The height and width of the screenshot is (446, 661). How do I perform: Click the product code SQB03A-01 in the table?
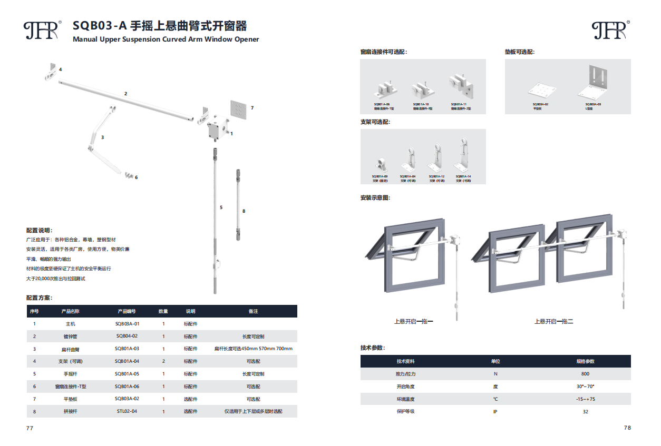point(127,324)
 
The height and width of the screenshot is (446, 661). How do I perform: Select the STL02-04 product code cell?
point(127,411)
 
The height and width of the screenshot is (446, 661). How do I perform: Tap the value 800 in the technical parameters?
point(585,374)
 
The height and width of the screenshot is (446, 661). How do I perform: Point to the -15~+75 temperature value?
point(585,399)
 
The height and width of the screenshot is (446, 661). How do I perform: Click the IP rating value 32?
point(585,411)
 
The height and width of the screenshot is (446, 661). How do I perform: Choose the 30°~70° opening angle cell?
point(585,386)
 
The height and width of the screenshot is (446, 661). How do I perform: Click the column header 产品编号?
point(127,311)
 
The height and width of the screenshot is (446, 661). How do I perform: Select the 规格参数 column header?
point(585,361)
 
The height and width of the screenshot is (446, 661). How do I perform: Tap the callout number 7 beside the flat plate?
point(252,108)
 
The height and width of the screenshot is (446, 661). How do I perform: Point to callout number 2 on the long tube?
point(125,94)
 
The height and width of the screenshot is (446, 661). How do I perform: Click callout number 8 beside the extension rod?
point(244,211)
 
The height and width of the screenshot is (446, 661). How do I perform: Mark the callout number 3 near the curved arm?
point(102,137)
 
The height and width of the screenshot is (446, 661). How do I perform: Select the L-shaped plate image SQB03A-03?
point(595,82)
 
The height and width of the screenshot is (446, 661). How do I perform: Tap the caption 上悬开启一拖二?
point(553,321)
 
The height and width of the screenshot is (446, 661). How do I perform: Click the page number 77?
point(30,428)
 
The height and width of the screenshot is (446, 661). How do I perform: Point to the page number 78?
point(627,428)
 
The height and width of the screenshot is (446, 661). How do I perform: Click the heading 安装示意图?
point(375,198)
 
